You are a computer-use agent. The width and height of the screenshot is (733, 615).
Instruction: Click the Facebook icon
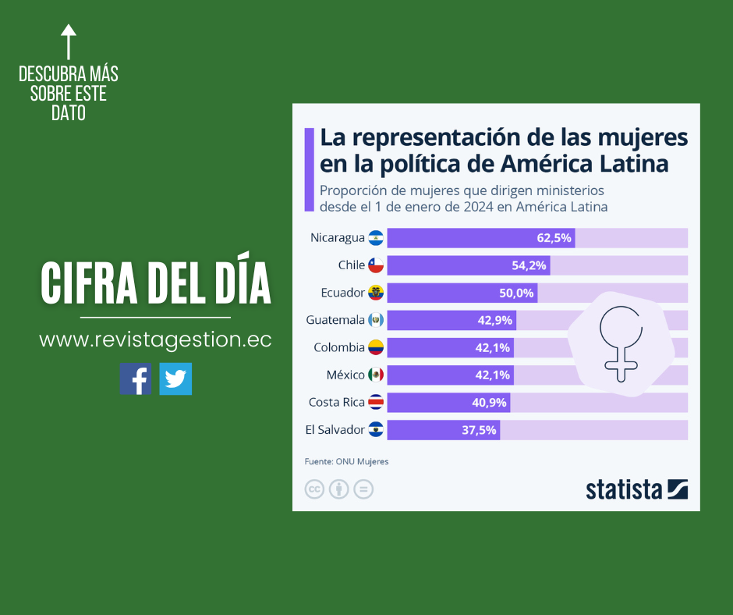click(x=136, y=379)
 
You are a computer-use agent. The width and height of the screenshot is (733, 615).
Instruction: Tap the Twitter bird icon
click(x=175, y=379)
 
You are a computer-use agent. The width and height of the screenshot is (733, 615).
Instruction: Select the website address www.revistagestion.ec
click(x=155, y=340)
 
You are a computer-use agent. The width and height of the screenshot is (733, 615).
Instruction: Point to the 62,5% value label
click(x=554, y=238)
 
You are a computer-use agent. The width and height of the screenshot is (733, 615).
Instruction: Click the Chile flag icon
click(x=376, y=265)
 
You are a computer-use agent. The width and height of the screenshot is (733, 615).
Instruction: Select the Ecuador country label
click(x=342, y=293)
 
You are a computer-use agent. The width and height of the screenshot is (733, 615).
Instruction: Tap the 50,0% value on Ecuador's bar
click(x=517, y=293)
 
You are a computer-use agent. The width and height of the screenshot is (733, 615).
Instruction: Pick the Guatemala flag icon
click(x=376, y=320)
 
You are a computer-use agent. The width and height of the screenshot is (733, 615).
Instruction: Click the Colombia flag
click(x=376, y=347)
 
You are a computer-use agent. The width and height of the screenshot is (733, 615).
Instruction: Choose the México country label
click(x=345, y=375)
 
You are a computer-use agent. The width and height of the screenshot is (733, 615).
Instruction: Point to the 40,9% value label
click(x=490, y=403)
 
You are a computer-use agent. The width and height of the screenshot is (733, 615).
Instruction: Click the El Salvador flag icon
click(x=376, y=430)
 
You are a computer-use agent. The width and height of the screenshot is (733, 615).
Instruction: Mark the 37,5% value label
click(x=480, y=430)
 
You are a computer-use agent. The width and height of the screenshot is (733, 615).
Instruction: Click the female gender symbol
click(x=621, y=342)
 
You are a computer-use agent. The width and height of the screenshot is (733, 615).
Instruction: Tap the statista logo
click(x=636, y=489)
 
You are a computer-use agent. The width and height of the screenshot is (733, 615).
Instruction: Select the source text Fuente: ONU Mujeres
click(x=346, y=461)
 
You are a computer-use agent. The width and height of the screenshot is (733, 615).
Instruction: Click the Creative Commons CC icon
click(x=314, y=489)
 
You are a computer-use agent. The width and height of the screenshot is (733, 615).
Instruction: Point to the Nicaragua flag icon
click(x=376, y=238)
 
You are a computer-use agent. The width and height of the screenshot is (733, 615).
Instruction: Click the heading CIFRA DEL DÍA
click(x=156, y=283)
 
